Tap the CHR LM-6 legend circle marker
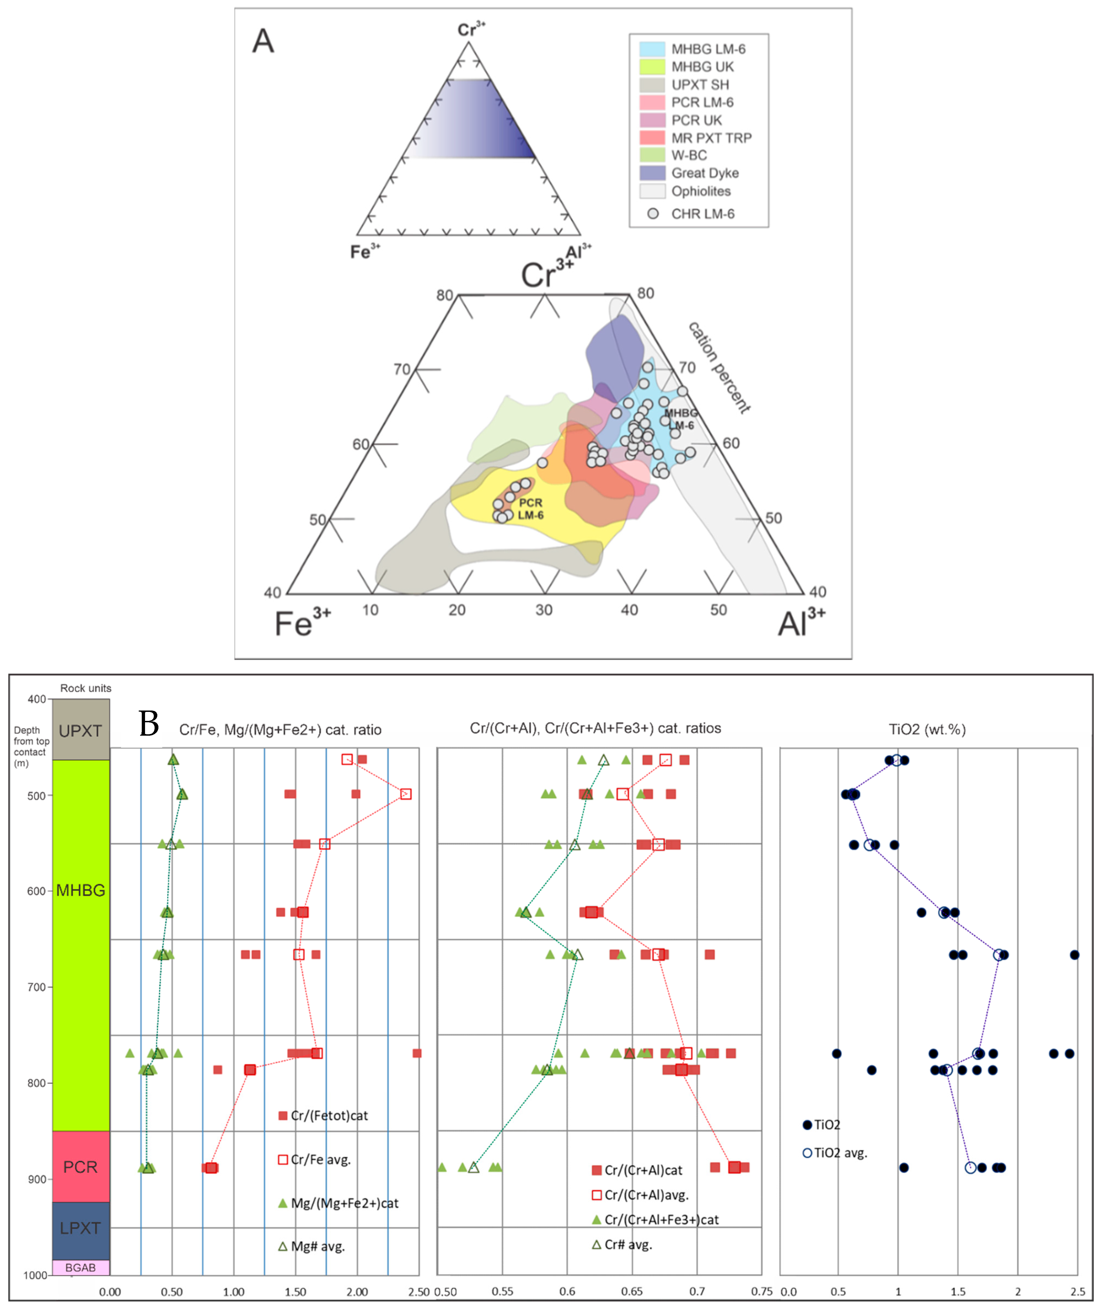[653, 214]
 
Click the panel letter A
[263, 41]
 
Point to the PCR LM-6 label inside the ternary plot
[530, 509]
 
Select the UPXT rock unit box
[81, 730]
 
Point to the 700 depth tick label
[36, 987]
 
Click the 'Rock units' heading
[85, 688]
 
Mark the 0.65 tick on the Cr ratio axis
[632, 1292]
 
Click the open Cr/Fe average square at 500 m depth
[406, 794]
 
